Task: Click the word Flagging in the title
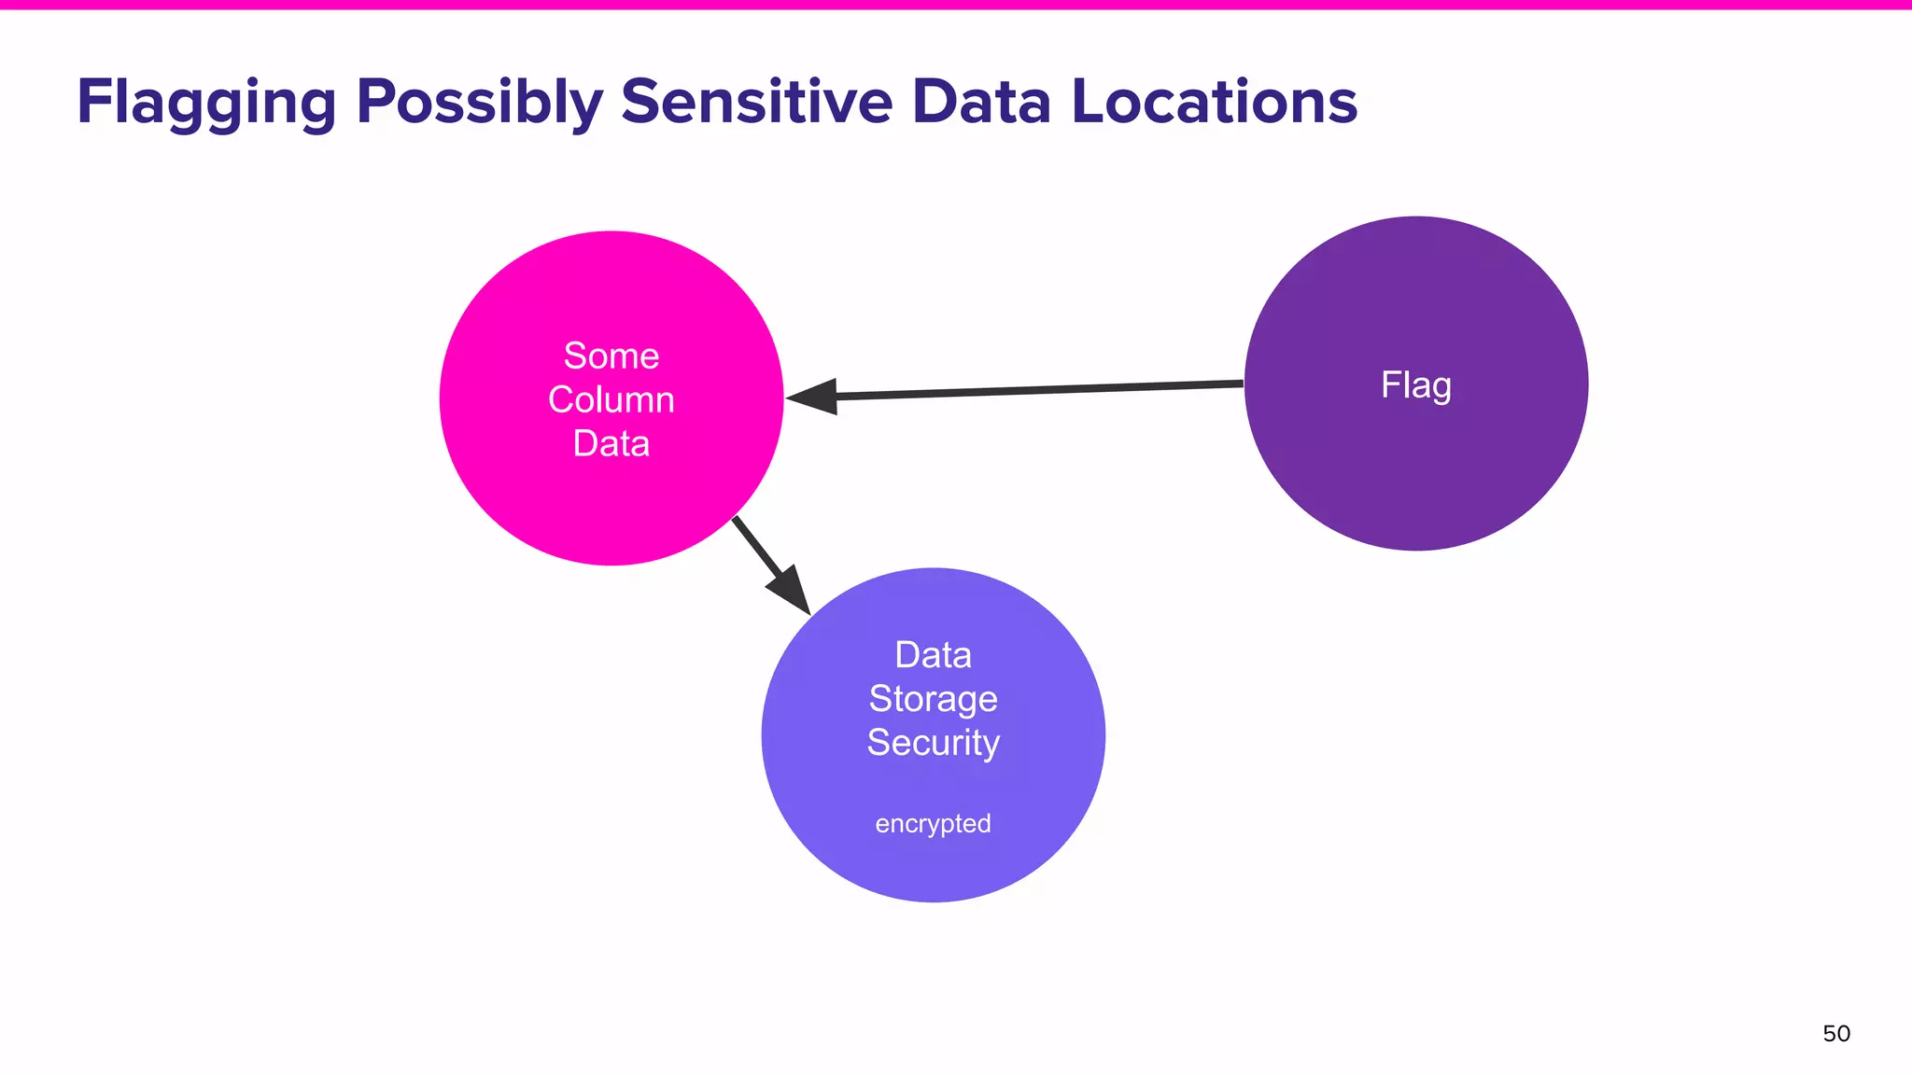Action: pos(206,103)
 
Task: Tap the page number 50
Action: pos(1835,1034)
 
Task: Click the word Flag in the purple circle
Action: pos(1415,385)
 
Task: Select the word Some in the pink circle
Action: pos(612,356)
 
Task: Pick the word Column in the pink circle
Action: pos(612,399)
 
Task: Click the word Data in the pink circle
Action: pos(612,443)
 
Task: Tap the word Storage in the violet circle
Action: pos(933,699)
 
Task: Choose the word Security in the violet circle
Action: pos(933,743)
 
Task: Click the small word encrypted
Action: pos(933,824)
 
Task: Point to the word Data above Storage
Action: pos(933,655)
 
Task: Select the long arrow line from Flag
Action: pos(1036,390)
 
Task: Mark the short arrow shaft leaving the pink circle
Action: pos(752,542)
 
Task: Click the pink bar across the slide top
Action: pos(956,5)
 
